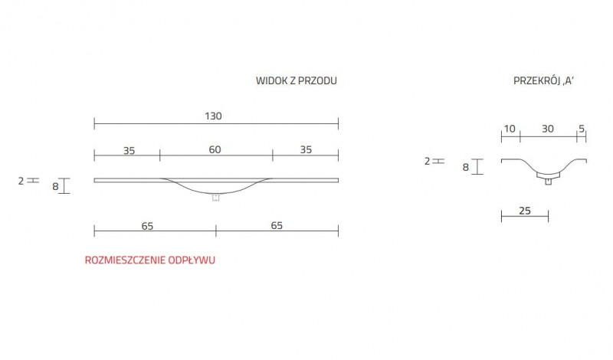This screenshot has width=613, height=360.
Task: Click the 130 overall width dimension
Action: click(213, 116)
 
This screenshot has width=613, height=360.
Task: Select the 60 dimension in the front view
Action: click(215, 150)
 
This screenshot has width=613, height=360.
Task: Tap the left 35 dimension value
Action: click(129, 150)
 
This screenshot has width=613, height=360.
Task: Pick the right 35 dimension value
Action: click(306, 150)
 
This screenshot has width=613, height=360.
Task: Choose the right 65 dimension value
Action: click(277, 225)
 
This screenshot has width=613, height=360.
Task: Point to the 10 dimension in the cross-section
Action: click(509, 129)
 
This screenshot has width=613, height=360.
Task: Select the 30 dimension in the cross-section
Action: click(547, 129)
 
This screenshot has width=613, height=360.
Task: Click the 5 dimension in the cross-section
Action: click(582, 129)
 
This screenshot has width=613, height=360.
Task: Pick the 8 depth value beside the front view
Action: click(55, 185)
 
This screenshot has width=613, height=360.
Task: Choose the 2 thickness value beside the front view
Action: click(21, 181)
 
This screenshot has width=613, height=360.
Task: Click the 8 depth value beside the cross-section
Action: click(466, 166)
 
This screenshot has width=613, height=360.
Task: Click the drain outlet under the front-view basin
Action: click(215, 198)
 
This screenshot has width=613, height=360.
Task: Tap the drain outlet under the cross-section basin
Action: click(548, 181)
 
